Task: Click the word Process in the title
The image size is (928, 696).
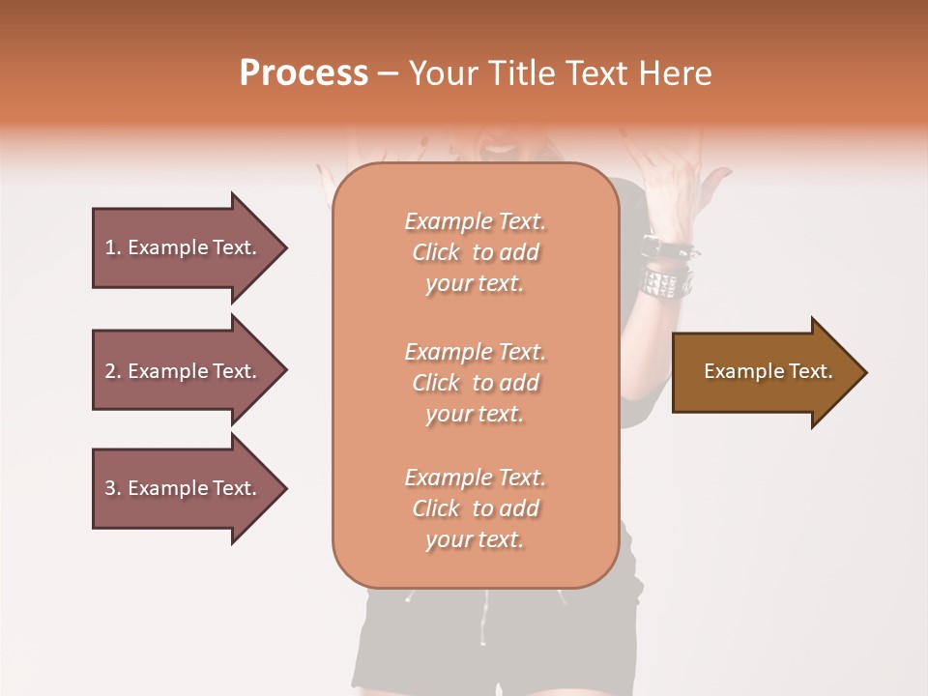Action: tap(304, 73)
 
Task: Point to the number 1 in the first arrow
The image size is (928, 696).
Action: tap(110, 247)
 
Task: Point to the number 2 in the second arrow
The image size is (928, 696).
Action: tap(110, 371)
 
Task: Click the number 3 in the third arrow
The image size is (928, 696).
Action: tap(110, 488)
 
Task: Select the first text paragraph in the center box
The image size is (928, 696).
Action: tap(475, 252)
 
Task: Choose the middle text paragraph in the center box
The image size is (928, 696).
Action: tap(475, 383)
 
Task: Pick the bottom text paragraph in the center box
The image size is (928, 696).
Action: tap(475, 508)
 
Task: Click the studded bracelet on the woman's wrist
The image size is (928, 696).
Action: tap(667, 280)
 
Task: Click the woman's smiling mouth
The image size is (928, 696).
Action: tap(500, 148)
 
